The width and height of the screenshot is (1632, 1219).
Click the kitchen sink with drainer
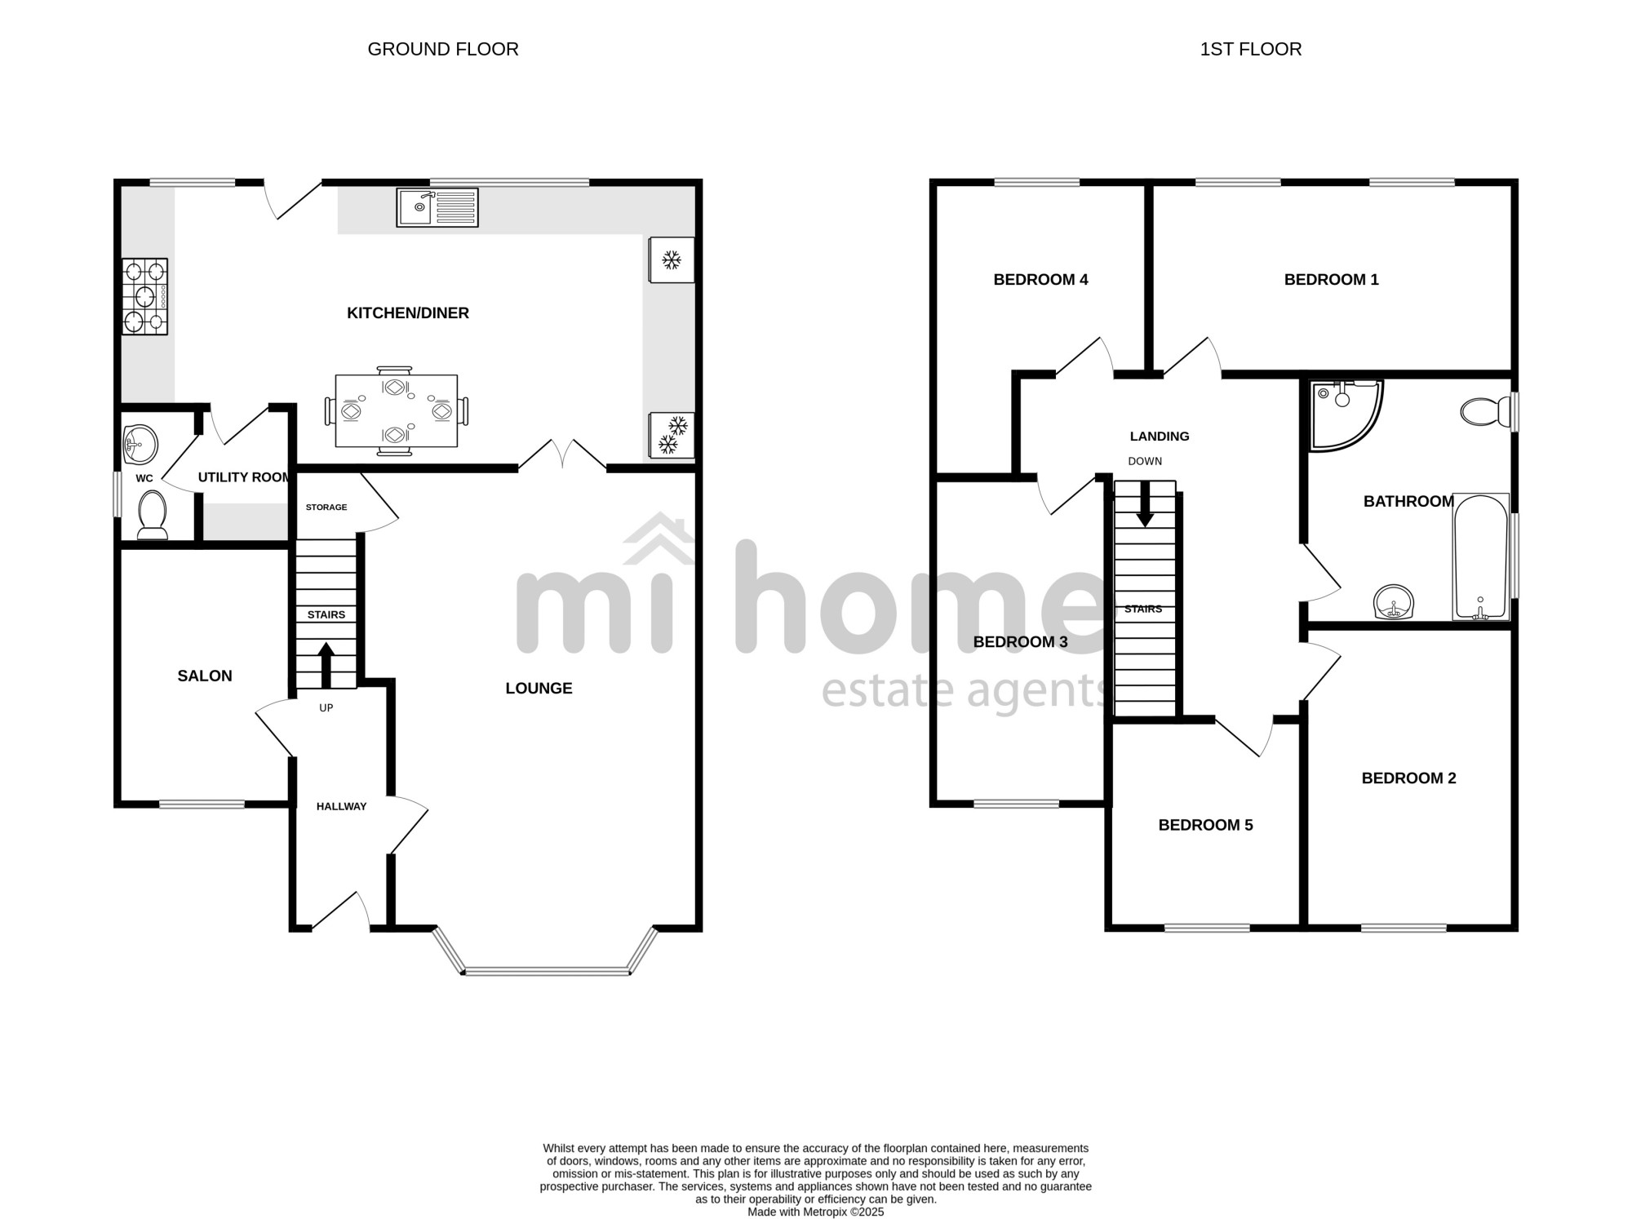[x=437, y=207]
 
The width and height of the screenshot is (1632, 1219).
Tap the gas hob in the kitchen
[x=145, y=296]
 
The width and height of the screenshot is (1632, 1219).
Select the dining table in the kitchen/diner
[x=397, y=410]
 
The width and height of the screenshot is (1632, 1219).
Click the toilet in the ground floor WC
[x=153, y=515]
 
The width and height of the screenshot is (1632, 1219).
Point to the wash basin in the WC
[x=140, y=445]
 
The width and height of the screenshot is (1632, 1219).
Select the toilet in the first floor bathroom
[x=1488, y=411]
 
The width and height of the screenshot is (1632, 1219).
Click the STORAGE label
[x=326, y=508]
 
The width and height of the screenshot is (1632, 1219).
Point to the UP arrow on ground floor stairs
[x=326, y=664]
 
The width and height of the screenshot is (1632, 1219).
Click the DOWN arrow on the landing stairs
[x=1145, y=503]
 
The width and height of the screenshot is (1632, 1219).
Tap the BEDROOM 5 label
[x=1205, y=825]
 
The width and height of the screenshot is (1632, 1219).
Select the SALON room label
[x=205, y=676]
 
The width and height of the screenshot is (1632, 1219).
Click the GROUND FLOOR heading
[x=443, y=49]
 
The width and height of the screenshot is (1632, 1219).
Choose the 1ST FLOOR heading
[x=1251, y=49]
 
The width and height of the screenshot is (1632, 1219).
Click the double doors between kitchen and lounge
[x=562, y=455]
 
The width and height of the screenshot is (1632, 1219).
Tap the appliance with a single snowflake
[x=672, y=260]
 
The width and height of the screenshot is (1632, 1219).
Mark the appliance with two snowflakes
[x=672, y=435]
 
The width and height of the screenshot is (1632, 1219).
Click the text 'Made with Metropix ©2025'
[x=816, y=1212]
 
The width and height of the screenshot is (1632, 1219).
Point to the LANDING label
[x=1160, y=437]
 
